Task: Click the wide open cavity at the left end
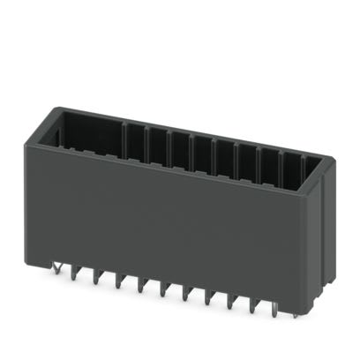88,132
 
